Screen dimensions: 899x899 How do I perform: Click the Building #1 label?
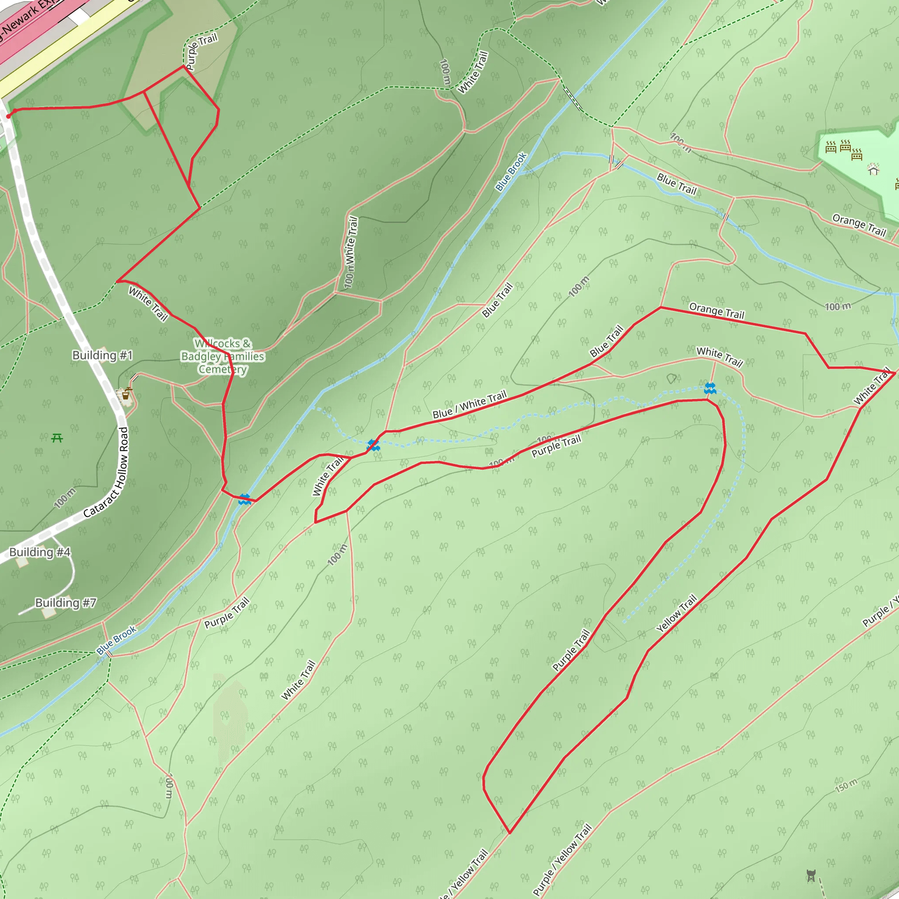click(x=102, y=356)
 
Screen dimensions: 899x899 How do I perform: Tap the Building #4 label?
click(x=40, y=552)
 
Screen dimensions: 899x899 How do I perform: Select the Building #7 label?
click(x=65, y=603)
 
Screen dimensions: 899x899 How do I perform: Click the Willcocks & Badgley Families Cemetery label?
click(x=223, y=356)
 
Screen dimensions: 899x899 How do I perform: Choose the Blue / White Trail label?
click(x=469, y=405)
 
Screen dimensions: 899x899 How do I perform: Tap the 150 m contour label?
click(x=846, y=785)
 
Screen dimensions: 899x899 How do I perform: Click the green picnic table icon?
click(x=57, y=438)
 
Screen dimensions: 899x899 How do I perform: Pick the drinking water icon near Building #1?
click(x=126, y=395)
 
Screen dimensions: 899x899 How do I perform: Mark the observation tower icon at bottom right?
click(x=811, y=875)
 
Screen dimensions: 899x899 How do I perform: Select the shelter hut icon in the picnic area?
click(x=874, y=170)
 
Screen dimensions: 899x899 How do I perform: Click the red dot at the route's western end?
click(x=8, y=116)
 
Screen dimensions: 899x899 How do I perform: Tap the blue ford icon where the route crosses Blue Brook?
click(x=245, y=499)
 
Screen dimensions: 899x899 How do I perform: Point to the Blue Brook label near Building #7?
click(x=116, y=640)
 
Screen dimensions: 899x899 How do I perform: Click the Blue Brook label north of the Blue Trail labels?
click(x=511, y=172)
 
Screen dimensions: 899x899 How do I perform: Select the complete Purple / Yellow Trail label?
click(x=562, y=860)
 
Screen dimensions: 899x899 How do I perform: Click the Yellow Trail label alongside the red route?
click(x=676, y=613)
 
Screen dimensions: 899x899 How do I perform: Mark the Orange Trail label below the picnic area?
click(x=859, y=225)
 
